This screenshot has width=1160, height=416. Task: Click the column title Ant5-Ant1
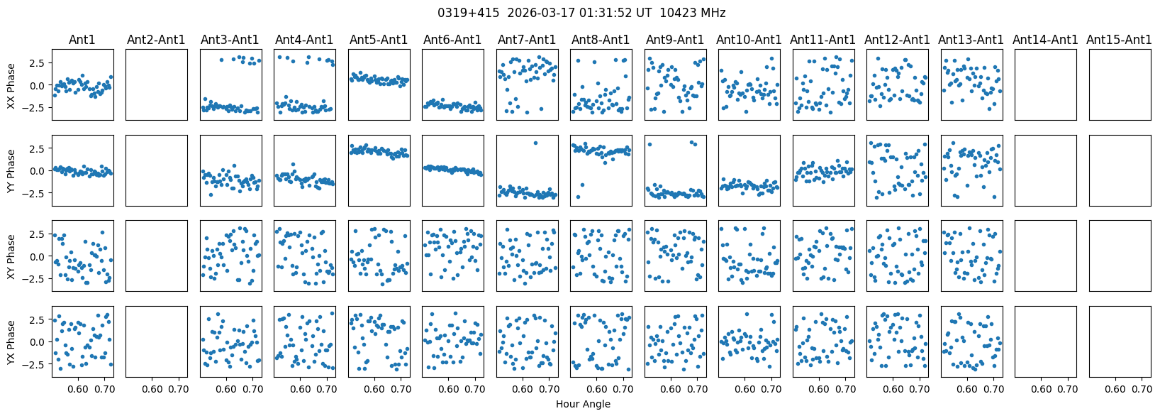tap(379, 40)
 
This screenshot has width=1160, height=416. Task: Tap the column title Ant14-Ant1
tap(1045, 40)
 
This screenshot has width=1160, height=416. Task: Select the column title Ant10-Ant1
tap(749, 40)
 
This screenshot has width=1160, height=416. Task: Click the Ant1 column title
tap(82, 40)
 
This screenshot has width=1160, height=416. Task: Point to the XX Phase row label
tap(11, 85)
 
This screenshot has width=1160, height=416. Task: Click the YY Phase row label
tap(11, 170)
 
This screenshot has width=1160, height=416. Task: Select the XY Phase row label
tap(11, 256)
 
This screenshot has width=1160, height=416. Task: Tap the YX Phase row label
tap(11, 341)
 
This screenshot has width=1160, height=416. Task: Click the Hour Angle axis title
tap(583, 405)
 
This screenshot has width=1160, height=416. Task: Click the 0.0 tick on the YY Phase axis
tap(38, 170)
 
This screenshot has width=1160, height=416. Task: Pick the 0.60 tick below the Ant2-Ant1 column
tap(152, 389)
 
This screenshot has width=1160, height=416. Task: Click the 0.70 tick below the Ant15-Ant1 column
tap(1142, 389)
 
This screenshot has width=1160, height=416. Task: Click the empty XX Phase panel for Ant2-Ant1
tap(157, 84)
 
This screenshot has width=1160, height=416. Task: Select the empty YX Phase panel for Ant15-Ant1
tap(1120, 341)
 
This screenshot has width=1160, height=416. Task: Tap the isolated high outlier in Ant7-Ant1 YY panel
tap(535, 143)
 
